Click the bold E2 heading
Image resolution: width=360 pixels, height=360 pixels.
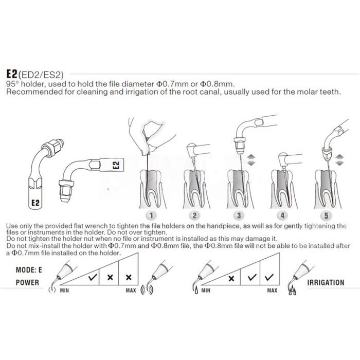(x=12, y=74)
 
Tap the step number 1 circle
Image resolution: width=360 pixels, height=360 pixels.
(x=151, y=215)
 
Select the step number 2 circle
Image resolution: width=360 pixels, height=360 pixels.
(x=194, y=215)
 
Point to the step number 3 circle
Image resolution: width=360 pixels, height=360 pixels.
(x=239, y=215)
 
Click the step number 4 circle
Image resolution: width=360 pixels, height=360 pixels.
(x=282, y=215)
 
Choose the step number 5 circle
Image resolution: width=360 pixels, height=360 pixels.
(x=326, y=215)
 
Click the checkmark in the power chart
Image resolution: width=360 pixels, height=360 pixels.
(x=93, y=277)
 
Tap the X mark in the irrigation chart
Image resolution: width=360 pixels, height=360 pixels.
(x=231, y=278)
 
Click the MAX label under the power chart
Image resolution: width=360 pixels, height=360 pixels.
(x=131, y=291)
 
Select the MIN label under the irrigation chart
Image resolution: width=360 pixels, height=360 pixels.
(x=206, y=291)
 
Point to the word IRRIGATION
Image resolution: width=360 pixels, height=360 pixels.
(x=326, y=282)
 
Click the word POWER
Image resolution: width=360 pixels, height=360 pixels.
(x=27, y=282)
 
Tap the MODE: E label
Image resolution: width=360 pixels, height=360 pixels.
(x=29, y=270)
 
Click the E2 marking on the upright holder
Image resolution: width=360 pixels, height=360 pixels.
(x=35, y=203)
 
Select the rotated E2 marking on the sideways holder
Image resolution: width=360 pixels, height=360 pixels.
(x=116, y=165)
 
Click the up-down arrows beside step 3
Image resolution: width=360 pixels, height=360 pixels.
(x=251, y=160)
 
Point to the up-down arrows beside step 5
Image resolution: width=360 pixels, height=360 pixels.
(x=340, y=160)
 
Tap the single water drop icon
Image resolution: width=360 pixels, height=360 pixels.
(x=196, y=291)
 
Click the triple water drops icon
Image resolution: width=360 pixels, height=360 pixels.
(x=292, y=291)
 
